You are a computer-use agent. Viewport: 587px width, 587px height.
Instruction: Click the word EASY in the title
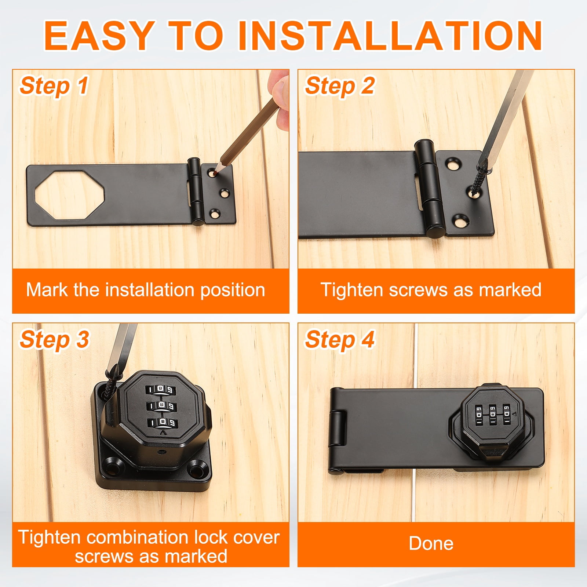coord(99,36)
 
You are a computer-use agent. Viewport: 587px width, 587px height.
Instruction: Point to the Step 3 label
coord(54,340)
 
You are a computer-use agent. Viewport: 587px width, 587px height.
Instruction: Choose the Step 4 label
coord(339,340)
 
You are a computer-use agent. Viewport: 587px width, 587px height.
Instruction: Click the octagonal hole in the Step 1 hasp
coord(70,194)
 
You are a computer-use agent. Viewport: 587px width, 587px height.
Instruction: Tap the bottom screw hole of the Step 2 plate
coord(459,220)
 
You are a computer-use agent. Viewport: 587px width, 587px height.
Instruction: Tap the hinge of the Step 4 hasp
coord(338,430)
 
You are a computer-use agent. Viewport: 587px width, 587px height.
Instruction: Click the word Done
coord(431,543)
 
